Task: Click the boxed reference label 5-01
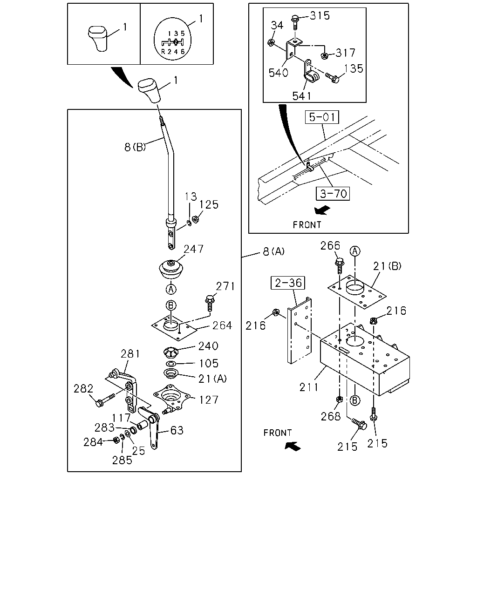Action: pyautogui.click(x=322, y=117)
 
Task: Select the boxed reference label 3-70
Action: pyautogui.click(x=333, y=194)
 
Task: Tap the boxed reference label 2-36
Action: pyautogui.click(x=288, y=283)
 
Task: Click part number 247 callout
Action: pyautogui.click(x=193, y=249)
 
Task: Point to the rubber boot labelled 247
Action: pyautogui.click(x=171, y=270)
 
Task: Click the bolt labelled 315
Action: pyautogui.click(x=294, y=23)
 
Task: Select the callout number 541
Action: pyautogui.click(x=302, y=96)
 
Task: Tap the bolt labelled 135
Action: pyautogui.click(x=332, y=78)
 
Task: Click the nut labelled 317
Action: pyautogui.click(x=324, y=56)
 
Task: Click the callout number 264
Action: pyautogui.click(x=222, y=325)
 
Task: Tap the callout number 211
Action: pyautogui.click(x=309, y=387)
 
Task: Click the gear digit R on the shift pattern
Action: pyautogui.click(x=163, y=52)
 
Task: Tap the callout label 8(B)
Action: pyautogui.click(x=135, y=147)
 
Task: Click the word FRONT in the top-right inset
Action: pyautogui.click(x=307, y=225)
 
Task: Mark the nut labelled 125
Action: pyautogui.click(x=196, y=219)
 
